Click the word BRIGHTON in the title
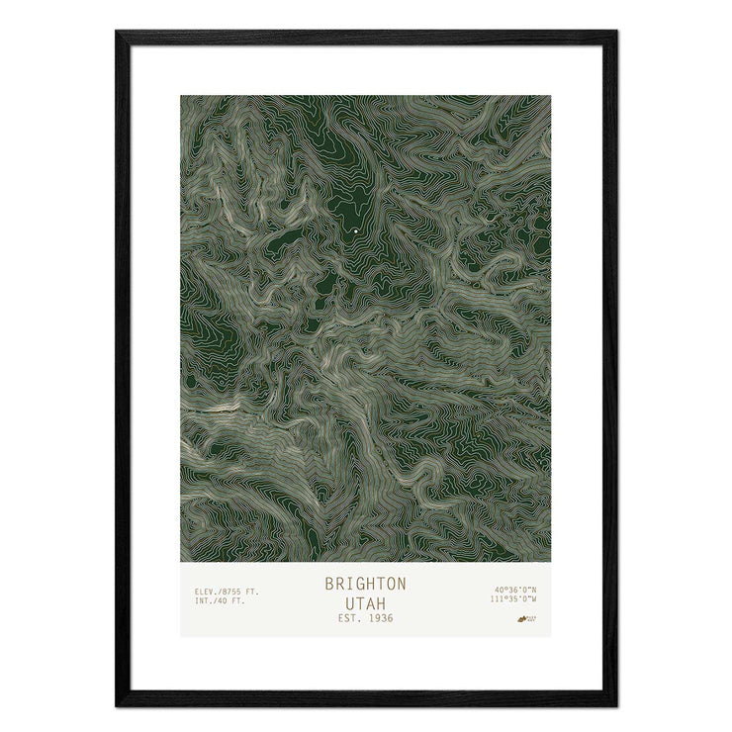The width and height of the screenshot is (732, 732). pyautogui.click(x=365, y=584)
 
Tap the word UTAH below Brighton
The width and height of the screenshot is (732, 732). pyautogui.click(x=365, y=601)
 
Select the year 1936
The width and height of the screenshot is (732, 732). pyautogui.click(x=378, y=618)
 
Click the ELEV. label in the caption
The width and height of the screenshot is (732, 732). pyautogui.click(x=206, y=591)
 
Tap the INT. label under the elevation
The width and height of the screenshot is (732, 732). pyautogui.click(x=204, y=600)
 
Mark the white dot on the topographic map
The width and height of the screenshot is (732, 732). pyautogui.click(x=355, y=231)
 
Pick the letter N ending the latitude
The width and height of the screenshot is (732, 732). pyautogui.click(x=534, y=591)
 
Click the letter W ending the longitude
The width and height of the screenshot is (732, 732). pyautogui.click(x=533, y=599)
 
